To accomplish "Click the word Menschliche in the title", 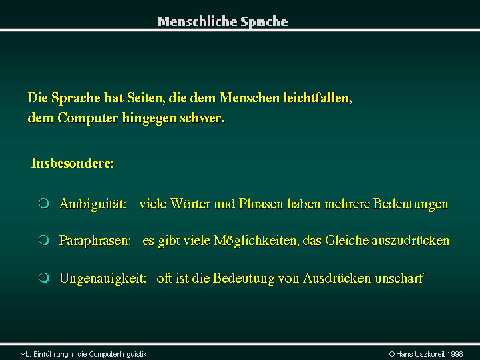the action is [198, 21].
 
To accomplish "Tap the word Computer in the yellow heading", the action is [88, 118].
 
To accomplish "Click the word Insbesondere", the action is [73, 163].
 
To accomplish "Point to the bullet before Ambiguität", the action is [44, 204].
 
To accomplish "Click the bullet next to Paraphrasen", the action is [44, 240].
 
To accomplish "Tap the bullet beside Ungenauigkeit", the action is [44, 278].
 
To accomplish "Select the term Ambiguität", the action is [93, 204].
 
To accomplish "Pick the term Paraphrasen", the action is [95, 241].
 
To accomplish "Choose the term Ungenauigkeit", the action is [103, 279].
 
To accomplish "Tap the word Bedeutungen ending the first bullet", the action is [411, 204].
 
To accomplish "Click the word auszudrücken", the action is [410, 241].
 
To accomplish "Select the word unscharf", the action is [399, 279].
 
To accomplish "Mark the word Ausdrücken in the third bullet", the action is [337, 279].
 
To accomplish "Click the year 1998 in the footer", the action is [455, 354].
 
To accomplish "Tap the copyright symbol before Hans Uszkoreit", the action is [391, 354].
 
